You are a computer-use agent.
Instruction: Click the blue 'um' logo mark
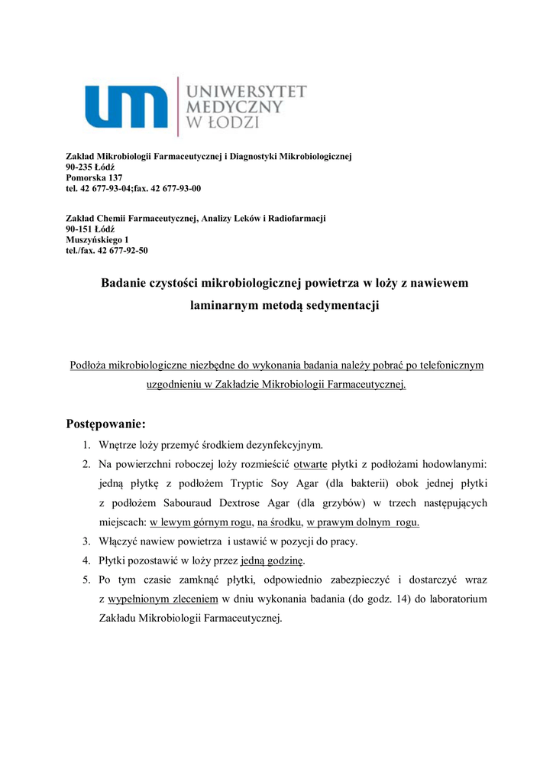tap(126, 106)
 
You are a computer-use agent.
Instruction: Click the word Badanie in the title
tap(125, 283)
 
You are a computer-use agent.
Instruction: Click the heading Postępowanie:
tap(105, 424)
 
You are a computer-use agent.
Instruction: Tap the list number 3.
tap(86, 541)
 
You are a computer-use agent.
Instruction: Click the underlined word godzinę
tap(284, 560)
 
